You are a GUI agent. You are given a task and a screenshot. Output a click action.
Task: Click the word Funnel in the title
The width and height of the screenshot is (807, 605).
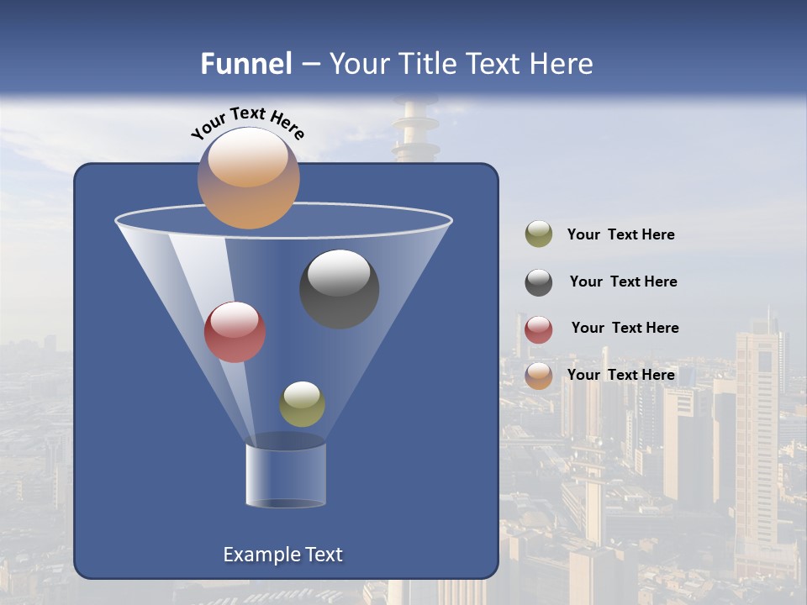coord(246,64)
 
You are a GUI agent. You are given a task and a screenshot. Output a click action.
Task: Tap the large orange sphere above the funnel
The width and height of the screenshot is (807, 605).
coord(248,178)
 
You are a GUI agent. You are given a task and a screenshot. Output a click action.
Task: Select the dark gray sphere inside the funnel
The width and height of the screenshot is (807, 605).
coord(340,289)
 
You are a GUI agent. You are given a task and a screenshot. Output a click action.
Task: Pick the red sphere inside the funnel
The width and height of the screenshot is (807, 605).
coord(235,332)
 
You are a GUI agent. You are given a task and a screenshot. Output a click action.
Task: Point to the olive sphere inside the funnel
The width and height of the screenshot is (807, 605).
coord(302,404)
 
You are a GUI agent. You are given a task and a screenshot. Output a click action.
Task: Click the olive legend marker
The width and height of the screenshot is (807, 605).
coord(539,234)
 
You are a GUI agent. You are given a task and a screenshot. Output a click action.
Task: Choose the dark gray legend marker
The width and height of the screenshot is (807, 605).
coord(539,282)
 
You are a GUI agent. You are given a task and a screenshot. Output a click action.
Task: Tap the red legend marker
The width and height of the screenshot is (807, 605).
coord(539,329)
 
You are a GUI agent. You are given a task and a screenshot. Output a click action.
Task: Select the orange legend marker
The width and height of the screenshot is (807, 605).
coord(539,376)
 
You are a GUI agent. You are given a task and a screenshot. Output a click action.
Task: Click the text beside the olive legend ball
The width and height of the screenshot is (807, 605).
coord(620,235)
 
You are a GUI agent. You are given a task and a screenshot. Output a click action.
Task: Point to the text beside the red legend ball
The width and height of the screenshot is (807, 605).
coord(625,329)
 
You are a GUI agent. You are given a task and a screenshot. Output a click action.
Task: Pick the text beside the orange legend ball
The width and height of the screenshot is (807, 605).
coord(620,375)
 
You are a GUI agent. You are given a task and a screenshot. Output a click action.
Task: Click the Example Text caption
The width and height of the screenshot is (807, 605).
coord(282,555)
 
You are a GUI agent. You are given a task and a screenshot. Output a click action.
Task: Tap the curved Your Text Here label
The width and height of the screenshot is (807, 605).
coord(248,123)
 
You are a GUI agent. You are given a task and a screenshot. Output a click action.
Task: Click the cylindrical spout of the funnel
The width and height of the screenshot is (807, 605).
coord(286,476)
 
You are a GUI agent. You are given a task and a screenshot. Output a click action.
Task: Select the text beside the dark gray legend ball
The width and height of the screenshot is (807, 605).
coord(623,282)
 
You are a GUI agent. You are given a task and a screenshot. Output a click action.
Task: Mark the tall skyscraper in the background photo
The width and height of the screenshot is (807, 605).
coord(757,437)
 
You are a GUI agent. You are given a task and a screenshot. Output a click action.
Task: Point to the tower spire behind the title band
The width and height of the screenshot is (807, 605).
coord(415,130)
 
